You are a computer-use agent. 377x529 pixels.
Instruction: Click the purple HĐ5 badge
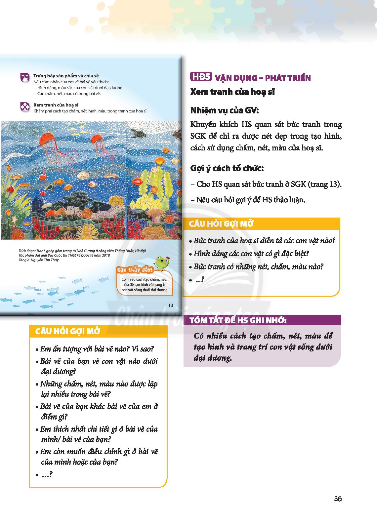[201, 77]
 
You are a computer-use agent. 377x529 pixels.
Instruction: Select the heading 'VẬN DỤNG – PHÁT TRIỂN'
[263, 78]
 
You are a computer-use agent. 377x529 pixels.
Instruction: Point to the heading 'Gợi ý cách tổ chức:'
[227, 168]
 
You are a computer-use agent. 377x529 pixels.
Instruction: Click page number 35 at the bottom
[338, 499]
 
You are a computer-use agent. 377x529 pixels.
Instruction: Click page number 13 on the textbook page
[171, 305]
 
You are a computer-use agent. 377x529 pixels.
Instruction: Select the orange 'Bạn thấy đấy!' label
[135, 270]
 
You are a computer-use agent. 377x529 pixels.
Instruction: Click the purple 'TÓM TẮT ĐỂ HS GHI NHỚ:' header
[238, 321]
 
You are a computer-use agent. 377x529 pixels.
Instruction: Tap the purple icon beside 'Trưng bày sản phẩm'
[25, 77]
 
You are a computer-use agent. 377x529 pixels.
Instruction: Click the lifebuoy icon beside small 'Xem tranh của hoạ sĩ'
[25, 106]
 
